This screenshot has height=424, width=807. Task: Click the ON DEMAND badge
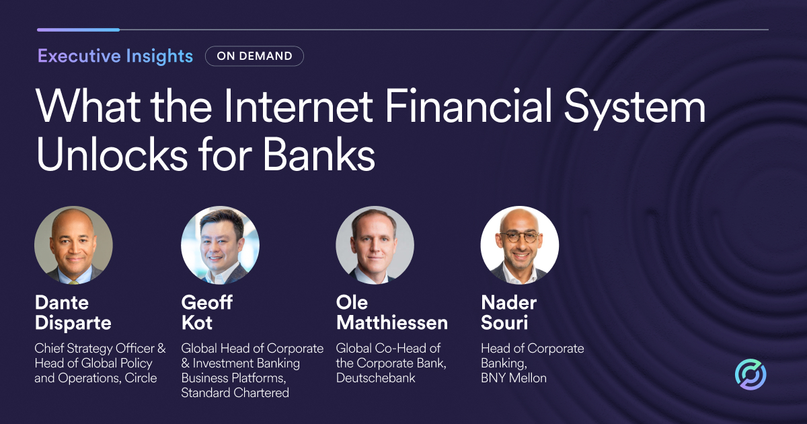pyautogui.click(x=254, y=56)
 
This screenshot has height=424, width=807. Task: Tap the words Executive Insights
pyautogui.click(x=115, y=56)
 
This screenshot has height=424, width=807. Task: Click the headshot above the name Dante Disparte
pyautogui.click(x=73, y=245)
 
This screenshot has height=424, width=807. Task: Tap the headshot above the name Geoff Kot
pyautogui.click(x=220, y=245)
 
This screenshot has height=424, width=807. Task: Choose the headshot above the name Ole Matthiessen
pyautogui.click(x=375, y=245)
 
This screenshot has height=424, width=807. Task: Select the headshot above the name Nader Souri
pyautogui.click(x=519, y=245)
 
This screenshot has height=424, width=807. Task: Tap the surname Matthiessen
pyautogui.click(x=392, y=322)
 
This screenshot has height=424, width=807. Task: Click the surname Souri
pyautogui.click(x=504, y=322)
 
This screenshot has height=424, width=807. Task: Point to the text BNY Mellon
pyautogui.click(x=514, y=378)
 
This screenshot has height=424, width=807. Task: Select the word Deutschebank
pyautogui.click(x=376, y=378)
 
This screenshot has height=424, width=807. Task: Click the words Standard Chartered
pyautogui.click(x=235, y=392)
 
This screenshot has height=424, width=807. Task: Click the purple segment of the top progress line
pyautogui.click(x=78, y=30)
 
